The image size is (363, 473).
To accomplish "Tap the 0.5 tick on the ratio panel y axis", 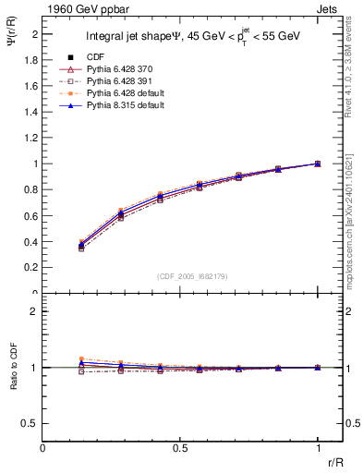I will pos(31,423).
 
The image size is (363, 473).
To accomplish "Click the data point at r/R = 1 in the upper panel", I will pos(318,164).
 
